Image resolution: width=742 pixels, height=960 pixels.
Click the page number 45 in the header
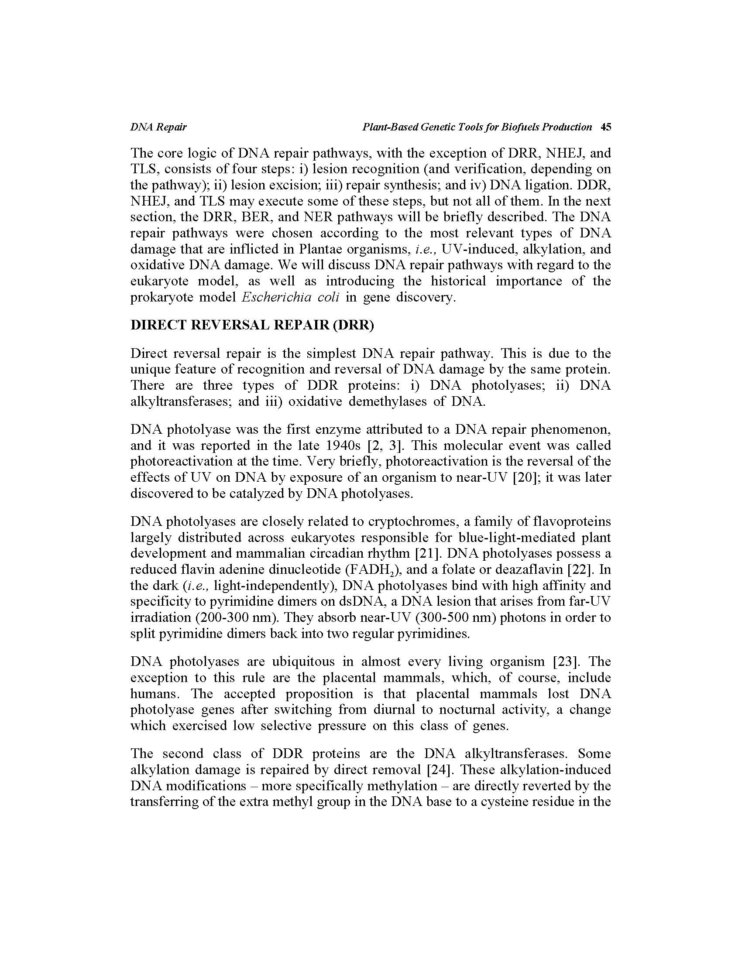(606, 127)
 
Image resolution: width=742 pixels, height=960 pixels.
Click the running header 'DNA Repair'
(158, 127)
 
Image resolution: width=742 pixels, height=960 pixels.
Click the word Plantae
(321, 249)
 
